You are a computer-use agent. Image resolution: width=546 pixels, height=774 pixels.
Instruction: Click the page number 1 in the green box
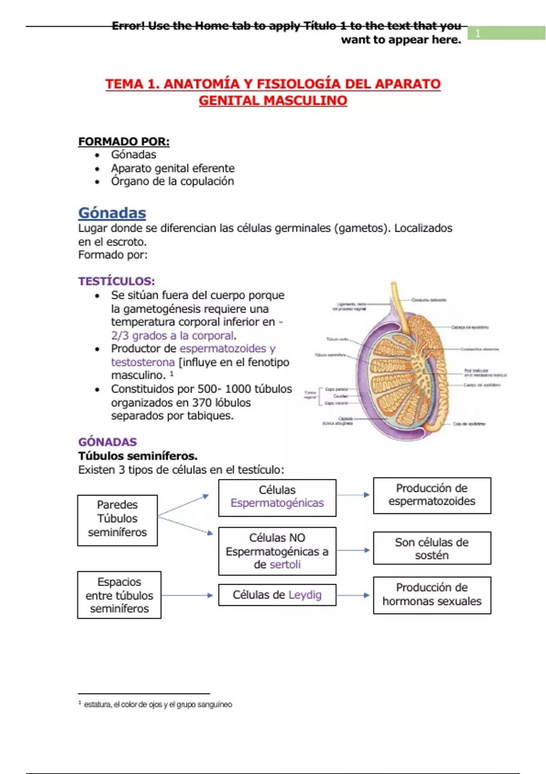[478, 33]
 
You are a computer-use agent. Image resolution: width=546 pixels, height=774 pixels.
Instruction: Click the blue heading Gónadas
[112, 213]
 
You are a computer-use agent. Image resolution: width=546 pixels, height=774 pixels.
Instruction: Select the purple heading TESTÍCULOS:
[116, 281]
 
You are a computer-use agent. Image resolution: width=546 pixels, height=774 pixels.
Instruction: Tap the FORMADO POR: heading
[124, 142]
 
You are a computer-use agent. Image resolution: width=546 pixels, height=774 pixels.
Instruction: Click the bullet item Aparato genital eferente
[172, 168]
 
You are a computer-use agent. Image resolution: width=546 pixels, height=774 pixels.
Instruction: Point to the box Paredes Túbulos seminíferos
[117, 519]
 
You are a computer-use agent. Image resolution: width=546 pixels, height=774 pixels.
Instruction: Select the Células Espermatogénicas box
[277, 497]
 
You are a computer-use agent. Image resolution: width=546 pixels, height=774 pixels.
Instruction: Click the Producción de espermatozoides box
[432, 495]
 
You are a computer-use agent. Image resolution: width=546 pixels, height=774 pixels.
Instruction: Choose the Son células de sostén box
[432, 548]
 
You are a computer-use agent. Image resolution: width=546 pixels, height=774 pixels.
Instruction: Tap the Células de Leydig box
[277, 595]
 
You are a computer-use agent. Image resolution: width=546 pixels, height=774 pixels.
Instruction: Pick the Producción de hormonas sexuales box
[432, 595]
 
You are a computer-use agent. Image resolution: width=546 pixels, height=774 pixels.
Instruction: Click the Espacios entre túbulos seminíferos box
[119, 595]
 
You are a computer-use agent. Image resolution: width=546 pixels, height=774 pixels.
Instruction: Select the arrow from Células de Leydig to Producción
[354, 595]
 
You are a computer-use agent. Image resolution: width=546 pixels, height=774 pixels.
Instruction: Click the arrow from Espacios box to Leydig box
[187, 595]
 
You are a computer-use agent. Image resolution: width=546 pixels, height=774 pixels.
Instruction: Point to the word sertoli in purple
[285, 565]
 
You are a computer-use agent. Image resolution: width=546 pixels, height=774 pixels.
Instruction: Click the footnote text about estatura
[157, 704]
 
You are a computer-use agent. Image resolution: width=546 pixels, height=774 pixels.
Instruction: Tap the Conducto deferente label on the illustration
[429, 300]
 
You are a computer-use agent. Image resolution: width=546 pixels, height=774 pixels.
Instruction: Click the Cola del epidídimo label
[469, 424]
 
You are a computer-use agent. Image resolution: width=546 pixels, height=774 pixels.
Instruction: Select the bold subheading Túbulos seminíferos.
[138, 456]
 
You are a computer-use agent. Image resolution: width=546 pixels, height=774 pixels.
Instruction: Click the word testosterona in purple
[143, 362]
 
